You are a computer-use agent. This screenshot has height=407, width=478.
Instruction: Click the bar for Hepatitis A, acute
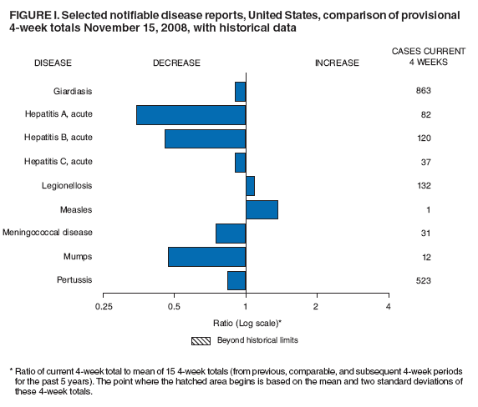coord(191,114)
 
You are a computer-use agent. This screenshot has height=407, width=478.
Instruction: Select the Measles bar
coord(262,209)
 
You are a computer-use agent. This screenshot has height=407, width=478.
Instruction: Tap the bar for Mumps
coord(206,256)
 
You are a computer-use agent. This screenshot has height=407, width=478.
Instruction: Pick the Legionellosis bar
coord(250,185)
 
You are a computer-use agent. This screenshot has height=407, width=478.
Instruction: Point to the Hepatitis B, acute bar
coord(205,138)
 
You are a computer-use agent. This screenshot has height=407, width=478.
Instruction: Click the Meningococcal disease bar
coord(231,233)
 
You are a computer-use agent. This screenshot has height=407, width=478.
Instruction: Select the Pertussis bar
coord(236,280)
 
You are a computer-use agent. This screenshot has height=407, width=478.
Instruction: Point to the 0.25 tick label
coord(103,308)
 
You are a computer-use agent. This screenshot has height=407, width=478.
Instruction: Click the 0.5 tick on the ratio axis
coord(174,308)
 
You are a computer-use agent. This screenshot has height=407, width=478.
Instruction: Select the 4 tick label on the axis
coord(389,308)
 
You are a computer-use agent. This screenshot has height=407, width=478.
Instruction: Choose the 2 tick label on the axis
coord(317,308)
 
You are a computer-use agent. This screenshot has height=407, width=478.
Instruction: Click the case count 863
coord(423,90)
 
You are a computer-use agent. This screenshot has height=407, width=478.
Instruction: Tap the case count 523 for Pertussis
coord(423,281)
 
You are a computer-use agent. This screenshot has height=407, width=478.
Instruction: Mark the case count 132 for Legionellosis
coord(423,185)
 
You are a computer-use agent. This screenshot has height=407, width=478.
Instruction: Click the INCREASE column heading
coord(337,63)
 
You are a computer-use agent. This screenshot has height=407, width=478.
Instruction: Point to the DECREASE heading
coord(176,63)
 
